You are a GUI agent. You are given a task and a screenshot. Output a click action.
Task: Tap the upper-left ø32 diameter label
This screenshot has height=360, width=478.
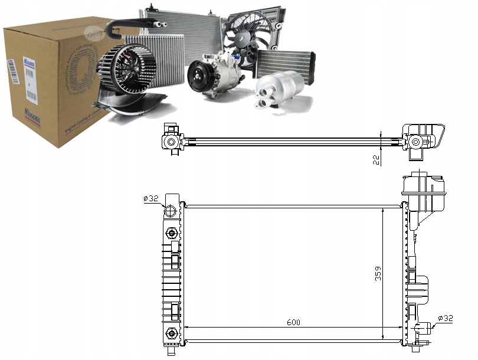pos(151,199)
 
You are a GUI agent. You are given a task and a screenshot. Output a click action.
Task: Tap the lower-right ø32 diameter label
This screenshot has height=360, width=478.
pos(446,319)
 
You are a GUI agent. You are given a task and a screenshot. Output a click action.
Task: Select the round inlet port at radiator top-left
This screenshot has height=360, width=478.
pos(171,211)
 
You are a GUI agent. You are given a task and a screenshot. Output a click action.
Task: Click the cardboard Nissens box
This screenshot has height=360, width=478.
pos(53,83)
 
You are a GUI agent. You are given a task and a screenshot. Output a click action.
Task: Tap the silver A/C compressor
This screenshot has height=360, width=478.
pos(215,74)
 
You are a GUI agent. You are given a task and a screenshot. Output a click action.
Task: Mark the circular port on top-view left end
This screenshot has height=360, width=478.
pos(171,142)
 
